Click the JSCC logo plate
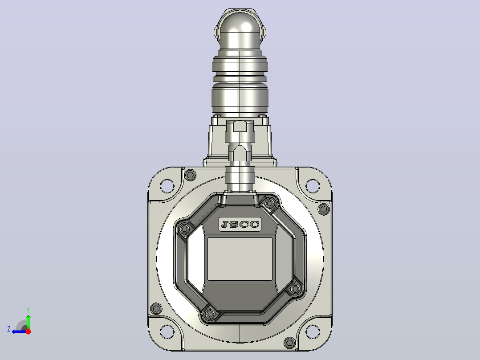tap(240, 224)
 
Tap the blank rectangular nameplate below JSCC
tap(240, 259)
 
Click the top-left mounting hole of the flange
tap(167, 186)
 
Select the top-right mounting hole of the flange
tap(313, 186)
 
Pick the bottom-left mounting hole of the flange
tap(167, 331)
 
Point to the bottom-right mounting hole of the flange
tap(313, 331)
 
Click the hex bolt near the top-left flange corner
tap(191, 175)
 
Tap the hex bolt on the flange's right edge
tap(324, 209)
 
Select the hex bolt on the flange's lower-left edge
tap(156, 308)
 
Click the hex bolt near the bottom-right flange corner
tap(289, 342)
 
